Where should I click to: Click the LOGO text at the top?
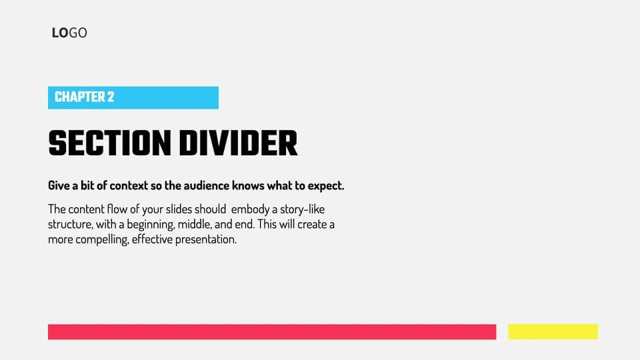[x=69, y=33]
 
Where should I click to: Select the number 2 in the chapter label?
[x=110, y=97]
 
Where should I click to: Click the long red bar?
[x=272, y=332]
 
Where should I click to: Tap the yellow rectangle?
[x=553, y=332]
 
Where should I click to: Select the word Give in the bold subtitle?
[x=59, y=185]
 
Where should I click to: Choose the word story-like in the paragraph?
[x=317, y=209]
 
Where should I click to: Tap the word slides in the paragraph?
[x=176, y=209]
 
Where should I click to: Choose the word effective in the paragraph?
[x=151, y=239]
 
